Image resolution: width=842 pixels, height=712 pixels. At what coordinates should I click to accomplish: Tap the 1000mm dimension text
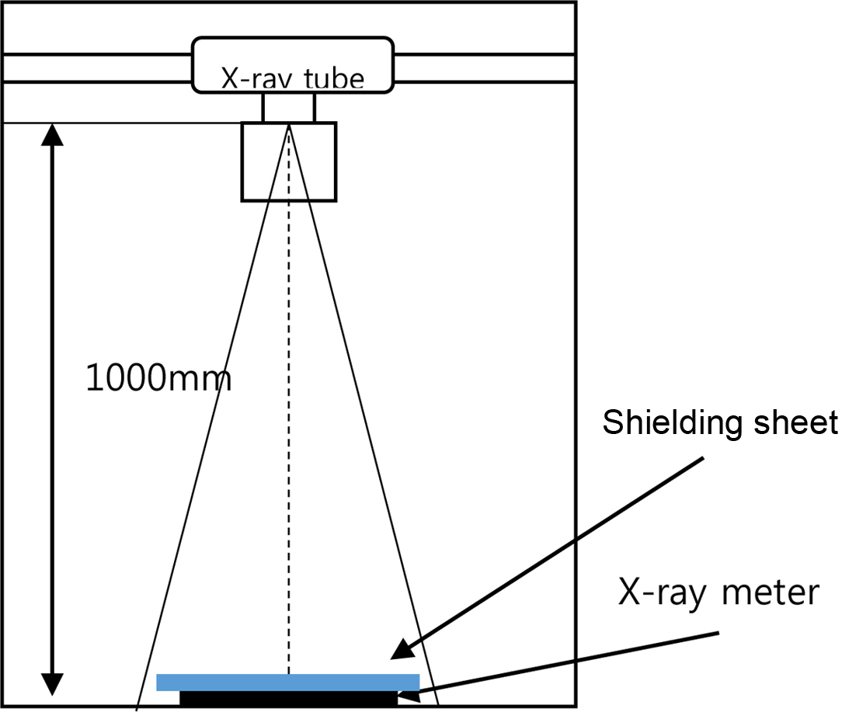click(158, 379)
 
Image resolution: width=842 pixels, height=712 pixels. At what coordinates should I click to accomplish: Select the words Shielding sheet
click(720, 423)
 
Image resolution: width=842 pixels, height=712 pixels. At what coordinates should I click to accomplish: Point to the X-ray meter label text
click(718, 592)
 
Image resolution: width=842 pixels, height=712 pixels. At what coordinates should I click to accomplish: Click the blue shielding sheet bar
click(287, 682)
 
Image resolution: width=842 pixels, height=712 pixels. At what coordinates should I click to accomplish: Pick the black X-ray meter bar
click(287, 698)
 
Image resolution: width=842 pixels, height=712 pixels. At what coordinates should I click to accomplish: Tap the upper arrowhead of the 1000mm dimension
click(52, 135)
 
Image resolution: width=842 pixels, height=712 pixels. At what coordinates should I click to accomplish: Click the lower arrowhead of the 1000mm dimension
click(52, 684)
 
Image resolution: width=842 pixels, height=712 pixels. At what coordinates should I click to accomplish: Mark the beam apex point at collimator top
click(289, 124)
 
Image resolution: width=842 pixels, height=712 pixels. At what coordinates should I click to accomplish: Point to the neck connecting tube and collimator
click(289, 107)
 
